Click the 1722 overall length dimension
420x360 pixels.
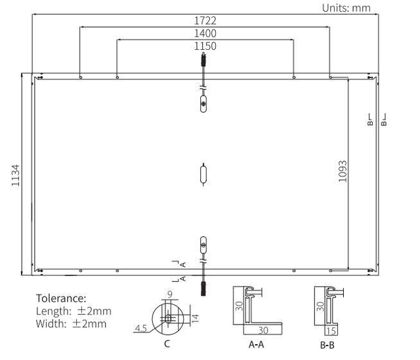coord(205,20)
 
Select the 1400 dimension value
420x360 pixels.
coord(205,33)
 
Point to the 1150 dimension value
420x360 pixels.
coord(205,46)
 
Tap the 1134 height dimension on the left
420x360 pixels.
coord(16,175)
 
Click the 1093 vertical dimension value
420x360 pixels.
coord(343,171)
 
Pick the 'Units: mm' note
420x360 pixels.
coord(346,8)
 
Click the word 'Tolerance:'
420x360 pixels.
coord(61,298)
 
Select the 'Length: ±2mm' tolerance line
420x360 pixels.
coord(73,311)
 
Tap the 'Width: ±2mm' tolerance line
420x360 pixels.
coord(72,324)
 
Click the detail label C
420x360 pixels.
coord(167,344)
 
